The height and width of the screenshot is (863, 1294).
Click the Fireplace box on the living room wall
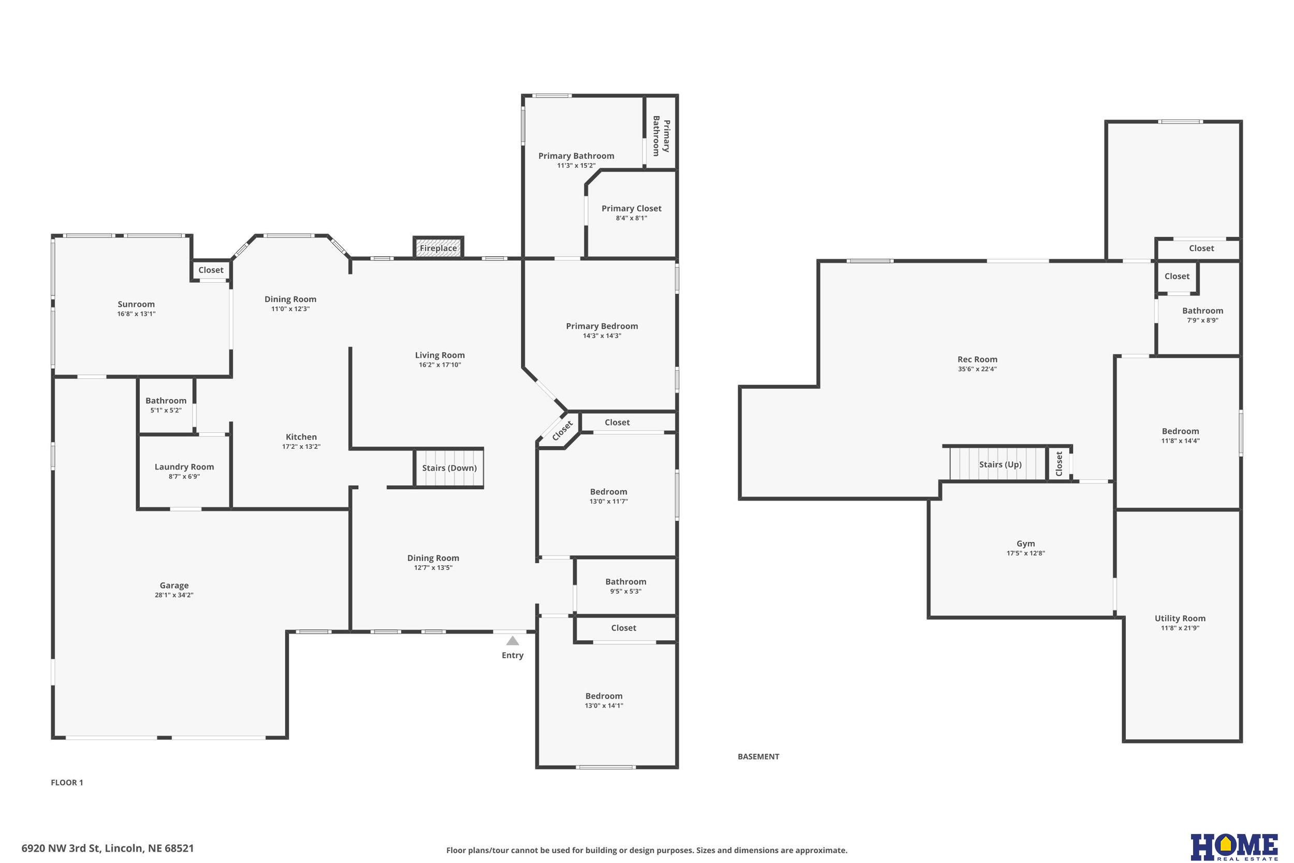pos(438,247)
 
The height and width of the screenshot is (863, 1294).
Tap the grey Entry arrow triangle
pos(513,640)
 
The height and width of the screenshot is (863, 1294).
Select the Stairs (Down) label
pos(449,468)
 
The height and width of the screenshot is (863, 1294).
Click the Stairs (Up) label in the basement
pos(1000,464)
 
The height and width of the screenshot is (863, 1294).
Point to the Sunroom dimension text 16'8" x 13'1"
pos(137,314)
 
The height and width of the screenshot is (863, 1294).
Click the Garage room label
pos(174,585)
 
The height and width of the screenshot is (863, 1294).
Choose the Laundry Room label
pos(184,467)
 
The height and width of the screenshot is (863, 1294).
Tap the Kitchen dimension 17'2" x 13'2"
pos(301,446)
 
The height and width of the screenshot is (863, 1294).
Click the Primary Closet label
pos(631,209)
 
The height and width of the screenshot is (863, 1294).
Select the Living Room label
pos(440,355)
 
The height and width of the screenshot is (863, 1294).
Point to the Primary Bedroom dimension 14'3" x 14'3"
pos(602,336)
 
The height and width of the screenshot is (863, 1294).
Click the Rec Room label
pos(977,359)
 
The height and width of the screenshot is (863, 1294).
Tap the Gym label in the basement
pos(1025,543)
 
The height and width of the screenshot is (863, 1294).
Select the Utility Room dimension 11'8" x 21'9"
pos(1180,628)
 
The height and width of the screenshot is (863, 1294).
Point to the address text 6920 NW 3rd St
pos(61,848)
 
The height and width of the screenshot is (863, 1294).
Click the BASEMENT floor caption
pos(759,757)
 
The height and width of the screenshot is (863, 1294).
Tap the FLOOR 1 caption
pos(67,783)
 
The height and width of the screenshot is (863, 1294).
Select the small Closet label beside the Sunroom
pos(211,270)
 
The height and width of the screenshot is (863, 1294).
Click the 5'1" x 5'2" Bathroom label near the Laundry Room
pos(166,401)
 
